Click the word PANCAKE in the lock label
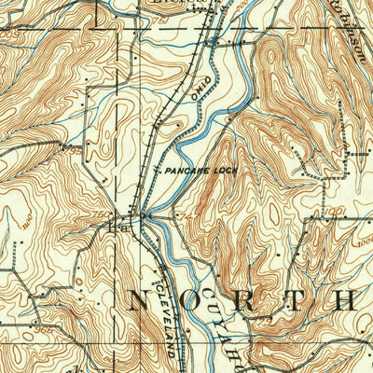pos(186,173)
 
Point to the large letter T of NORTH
pos(292,299)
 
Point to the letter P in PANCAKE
pos(167,173)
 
